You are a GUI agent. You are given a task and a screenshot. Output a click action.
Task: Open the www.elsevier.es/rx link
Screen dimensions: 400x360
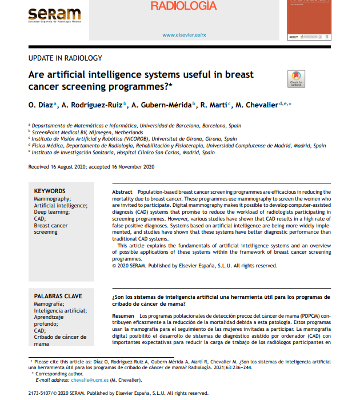coord(183,35)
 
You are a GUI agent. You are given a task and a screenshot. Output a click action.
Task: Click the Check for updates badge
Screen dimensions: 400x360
coord(296,79)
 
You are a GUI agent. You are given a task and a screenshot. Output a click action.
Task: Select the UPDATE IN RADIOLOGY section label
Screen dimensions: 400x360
coord(65,58)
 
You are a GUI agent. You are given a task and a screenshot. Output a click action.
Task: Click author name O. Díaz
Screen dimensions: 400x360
coord(41,105)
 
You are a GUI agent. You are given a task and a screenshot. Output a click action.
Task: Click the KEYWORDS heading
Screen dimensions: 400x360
coord(50,191)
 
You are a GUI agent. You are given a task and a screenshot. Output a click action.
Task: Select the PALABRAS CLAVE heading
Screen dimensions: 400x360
coord(58,297)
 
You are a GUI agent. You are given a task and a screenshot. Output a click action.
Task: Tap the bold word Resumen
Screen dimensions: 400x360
coord(123,316)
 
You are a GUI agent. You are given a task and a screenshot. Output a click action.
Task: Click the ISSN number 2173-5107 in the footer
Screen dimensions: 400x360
coord(42,394)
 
